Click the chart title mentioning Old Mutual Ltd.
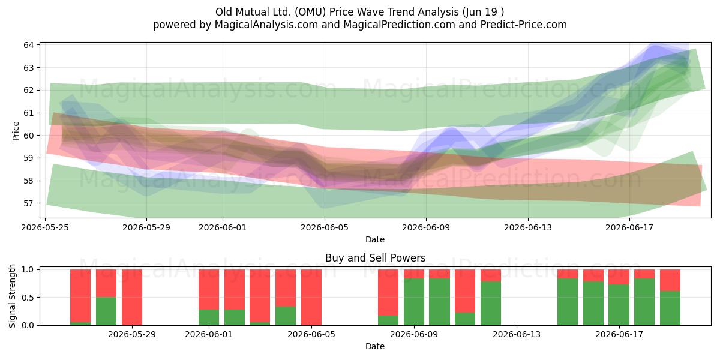click(x=359, y=12)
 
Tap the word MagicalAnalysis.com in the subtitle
click(x=266, y=25)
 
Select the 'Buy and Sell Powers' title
click(x=375, y=258)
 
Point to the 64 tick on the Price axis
click(x=29, y=45)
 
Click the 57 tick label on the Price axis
click(x=29, y=203)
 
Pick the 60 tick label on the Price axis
click(x=29, y=136)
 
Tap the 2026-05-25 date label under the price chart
click(x=45, y=227)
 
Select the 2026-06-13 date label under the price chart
click(x=528, y=227)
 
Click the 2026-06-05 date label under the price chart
click(x=325, y=227)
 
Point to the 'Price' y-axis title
click(x=16, y=131)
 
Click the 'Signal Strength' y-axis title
click(x=12, y=296)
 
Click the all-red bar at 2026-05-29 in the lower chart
click(x=132, y=298)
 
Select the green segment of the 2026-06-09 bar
click(x=414, y=302)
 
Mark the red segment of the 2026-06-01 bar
click(x=209, y=290)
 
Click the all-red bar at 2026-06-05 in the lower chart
click(x=311, y=298)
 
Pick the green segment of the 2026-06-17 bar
click(x=619, y=305)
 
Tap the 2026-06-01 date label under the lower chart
click(x=209, y=334)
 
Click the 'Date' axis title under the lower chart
click(x=375, y=346)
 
